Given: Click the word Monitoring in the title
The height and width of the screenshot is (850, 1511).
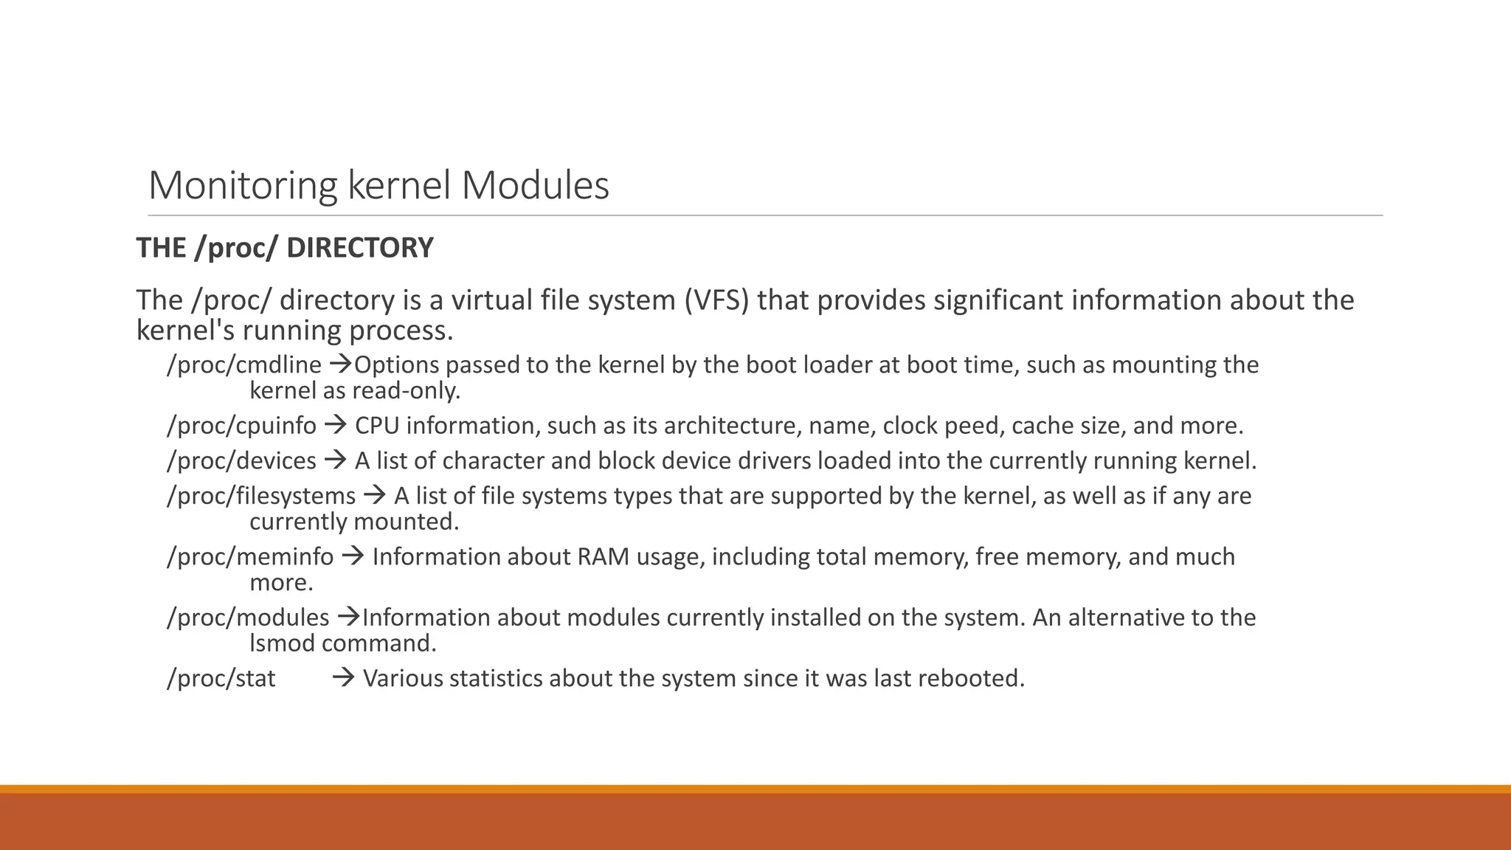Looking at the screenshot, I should click(x=243, y=185).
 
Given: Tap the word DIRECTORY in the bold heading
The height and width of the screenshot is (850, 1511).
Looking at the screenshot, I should click(x=359, y=248).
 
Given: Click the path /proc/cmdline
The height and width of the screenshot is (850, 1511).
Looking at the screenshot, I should click(x=244, y=365).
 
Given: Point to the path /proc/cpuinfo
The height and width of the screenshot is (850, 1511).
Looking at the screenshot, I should click(x=241, y=426).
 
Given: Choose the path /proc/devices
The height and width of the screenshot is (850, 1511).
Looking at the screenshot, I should click(x=241, y=461).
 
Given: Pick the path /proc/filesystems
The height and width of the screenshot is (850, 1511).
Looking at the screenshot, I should click(x=261, y=496).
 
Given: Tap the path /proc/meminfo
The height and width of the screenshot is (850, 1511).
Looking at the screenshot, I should click(x=250, y=557).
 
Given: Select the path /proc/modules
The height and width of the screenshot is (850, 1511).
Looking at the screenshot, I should click(x=248, y=618).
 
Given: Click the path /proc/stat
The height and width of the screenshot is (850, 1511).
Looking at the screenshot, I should click(x=221, y=679).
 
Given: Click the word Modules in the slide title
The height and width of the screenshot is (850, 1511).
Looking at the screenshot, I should click(x=536, y=185).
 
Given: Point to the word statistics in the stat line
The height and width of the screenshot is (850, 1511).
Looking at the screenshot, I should click(x=495, y=679).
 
